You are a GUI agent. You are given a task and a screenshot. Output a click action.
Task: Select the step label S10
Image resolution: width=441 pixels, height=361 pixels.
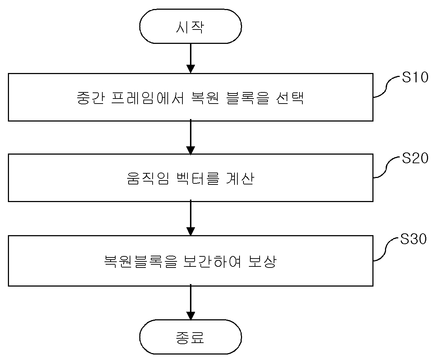[x=415, y=77]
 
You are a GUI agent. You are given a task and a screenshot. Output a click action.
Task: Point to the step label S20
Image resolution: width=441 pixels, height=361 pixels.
[x=415, y=158]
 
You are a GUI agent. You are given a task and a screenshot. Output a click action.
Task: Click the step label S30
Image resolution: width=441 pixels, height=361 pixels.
[x=413, y=239]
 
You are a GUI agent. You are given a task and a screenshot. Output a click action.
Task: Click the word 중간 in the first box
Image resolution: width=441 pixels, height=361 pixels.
[x=90, y=98]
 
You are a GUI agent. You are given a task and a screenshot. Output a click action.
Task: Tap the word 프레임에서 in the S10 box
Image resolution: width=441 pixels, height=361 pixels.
[x=148, y=98]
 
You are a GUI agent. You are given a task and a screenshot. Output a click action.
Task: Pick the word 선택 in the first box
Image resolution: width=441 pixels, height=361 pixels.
[x=290, y=98]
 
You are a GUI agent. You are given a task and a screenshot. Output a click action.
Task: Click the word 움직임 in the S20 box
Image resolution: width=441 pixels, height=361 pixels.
[x=148, y=178]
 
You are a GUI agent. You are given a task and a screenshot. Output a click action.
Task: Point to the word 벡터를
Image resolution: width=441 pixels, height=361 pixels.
[x=198, y=178]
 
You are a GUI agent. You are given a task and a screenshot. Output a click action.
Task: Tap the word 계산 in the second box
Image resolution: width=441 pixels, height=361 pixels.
[x=240, y=178]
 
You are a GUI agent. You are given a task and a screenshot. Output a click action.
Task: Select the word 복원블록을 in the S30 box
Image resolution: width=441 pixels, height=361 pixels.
[x=141, y=261]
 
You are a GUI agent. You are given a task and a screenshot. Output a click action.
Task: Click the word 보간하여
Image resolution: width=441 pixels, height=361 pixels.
[x=212, y=261]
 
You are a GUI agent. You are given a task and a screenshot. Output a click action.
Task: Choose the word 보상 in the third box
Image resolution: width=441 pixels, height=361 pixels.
[x=263, y=261]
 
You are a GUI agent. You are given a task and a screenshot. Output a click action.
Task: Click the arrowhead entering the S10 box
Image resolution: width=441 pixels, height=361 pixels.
[x=190, y=69]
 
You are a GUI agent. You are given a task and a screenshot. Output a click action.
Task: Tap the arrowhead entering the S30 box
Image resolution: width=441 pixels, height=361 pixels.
[x=190, y=232]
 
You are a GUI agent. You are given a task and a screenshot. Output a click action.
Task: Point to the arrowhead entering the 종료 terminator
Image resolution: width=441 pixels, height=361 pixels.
[x=190, y=316]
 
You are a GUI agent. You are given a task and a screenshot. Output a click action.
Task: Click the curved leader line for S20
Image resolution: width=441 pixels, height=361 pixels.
[x=386, y=168]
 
